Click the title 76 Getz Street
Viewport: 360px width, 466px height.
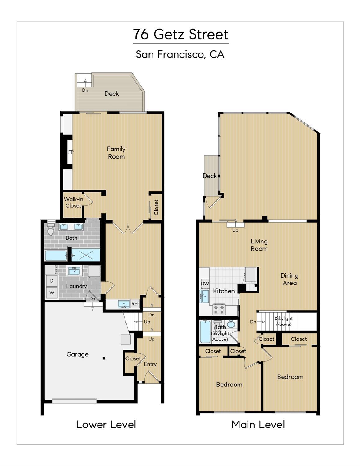[180, 35]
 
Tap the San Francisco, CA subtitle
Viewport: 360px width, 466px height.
[180, 54]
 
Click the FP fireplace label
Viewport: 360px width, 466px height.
[71, 152]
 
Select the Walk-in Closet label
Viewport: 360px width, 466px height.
[73, 202]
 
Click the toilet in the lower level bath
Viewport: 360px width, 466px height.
[51, 230]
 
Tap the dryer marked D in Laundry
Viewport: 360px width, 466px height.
[52, 281]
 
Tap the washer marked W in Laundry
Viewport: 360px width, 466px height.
[52, 293]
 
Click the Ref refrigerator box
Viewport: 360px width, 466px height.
[135, 304]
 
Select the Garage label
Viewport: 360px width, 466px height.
[77, 354]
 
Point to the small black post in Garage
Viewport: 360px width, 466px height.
[104, 358]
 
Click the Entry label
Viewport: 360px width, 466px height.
[150, 364]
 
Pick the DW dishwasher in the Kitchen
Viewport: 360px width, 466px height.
[205, 284]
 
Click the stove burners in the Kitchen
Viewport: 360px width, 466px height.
[219, 310]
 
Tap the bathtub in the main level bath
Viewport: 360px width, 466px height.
[205, 332]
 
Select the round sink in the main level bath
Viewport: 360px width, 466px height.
[231, 324]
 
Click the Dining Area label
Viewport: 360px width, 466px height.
[289, 279]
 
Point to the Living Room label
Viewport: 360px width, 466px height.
[259, 245]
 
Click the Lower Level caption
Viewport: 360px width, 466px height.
[106, 425]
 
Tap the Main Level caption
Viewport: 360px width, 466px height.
[258, 425]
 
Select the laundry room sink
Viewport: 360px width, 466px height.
[74, 271]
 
